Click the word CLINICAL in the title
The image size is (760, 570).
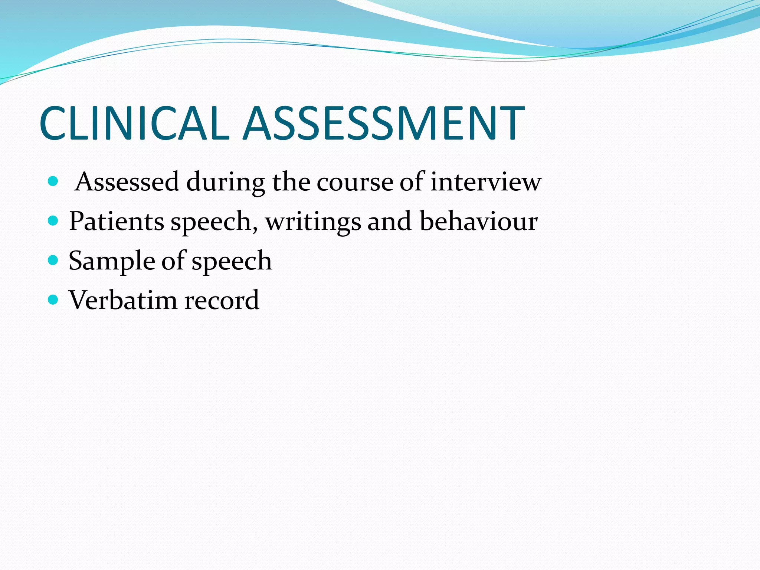pyautogui.click(x=134, y=123)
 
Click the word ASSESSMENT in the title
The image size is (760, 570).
pyautogui.click(x=384, y=123)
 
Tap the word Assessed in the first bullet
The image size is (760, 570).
pyautogui.click(x=127, y=182)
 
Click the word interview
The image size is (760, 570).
pyautogui.click(x=486, y=182)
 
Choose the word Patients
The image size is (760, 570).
pyautogui.click(x=116, y=221)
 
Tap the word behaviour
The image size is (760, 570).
pyautogui.click(x=478, y=221)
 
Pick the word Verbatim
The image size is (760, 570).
pyautogui.click(x=122, y=300)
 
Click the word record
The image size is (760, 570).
pyautogui.click(x=222, y=300)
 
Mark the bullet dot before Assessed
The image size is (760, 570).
pyautogui.click(x=53, y=181)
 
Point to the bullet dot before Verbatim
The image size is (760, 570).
pyautogui.click(x=53, y=299)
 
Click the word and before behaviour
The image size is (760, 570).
pyautogui.click(x=389, y=221)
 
